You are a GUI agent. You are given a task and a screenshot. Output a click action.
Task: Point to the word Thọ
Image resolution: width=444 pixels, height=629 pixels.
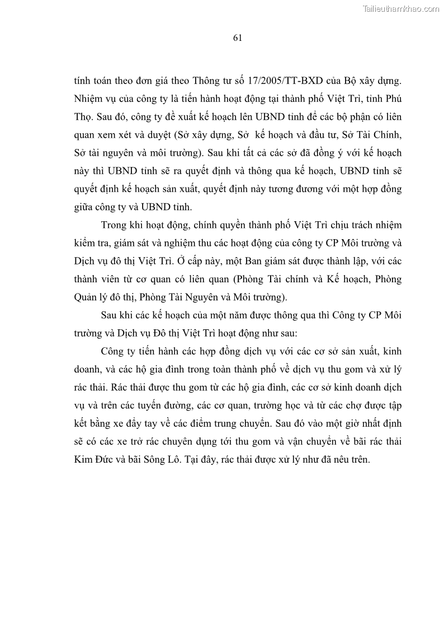tap(83, 118)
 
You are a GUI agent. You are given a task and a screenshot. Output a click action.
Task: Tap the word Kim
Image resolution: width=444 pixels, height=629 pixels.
tap(83, 458)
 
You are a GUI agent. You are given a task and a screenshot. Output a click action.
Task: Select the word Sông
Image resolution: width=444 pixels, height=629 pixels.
tap(158, 458)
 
